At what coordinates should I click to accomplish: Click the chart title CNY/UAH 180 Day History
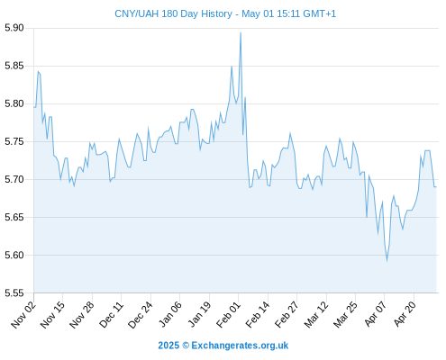point(174,13)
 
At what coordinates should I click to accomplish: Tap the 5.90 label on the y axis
point(14,28)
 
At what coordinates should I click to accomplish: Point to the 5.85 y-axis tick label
point(14,66)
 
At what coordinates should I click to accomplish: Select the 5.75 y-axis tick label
point(14,141)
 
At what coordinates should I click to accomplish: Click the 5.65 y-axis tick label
point(14,217)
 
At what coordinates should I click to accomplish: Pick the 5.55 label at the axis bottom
point(14,292)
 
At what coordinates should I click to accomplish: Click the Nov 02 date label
point(24,314)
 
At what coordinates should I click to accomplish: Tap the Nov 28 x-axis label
point(82,314)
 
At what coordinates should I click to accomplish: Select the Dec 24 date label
point(141,314)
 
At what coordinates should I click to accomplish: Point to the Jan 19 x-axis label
point(199,314)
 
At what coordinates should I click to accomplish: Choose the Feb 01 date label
point(229,314)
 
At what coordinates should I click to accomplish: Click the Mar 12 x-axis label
point(316,314)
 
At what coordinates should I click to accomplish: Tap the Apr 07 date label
point(375,314)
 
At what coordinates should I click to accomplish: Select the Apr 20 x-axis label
point(405,314)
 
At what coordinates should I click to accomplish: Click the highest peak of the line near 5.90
point(241,32)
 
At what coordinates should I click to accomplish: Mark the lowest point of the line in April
point(387,261)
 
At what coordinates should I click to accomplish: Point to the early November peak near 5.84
point(38,71)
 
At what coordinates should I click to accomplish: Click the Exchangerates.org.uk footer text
point(240,346)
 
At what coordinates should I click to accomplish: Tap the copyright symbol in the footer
point(186,346)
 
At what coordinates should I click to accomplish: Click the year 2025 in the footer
point(168,346)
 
